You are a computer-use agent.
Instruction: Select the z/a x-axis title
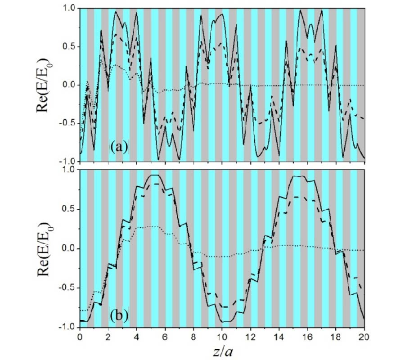[222, 349]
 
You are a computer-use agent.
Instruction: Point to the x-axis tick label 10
[222, 336]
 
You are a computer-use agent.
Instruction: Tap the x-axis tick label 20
[364, 336]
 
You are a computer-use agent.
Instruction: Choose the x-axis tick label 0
[80, 336]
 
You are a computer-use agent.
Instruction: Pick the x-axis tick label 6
[165, 336]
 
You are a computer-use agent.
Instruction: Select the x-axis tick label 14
[279, 336]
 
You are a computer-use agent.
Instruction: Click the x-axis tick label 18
[336, 336]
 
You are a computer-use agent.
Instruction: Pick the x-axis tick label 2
[108, 336]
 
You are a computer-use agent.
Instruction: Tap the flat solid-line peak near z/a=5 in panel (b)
[154, 175]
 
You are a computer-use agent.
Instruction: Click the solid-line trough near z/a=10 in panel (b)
[222, 321]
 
